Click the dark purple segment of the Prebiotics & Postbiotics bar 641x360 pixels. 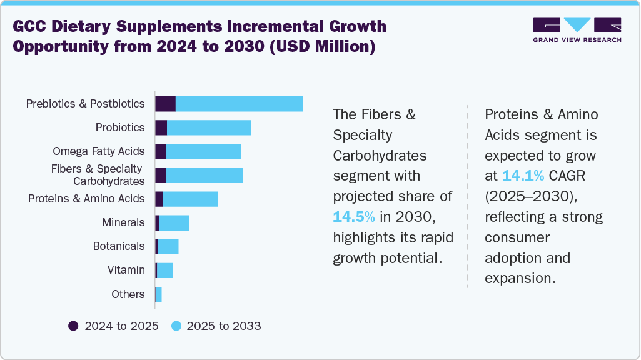click(165, 104)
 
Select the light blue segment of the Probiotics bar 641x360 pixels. click(209, 127)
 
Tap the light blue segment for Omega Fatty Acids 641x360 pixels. click(203, 151)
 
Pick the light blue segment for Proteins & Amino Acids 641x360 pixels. click(190, 199)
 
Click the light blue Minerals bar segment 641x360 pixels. click(174, 222)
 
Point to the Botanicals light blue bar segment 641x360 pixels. click(168, 246)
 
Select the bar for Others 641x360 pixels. click(158, 294)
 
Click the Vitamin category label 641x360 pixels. click(126, 270)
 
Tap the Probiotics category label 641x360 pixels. click(120, 127)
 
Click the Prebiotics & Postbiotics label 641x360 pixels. click(85, 104)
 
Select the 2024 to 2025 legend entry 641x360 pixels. click(114, 326)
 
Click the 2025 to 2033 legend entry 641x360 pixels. click(216, 326)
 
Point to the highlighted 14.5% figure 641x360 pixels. click(354, 217)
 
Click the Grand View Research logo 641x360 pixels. click(577, 30)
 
